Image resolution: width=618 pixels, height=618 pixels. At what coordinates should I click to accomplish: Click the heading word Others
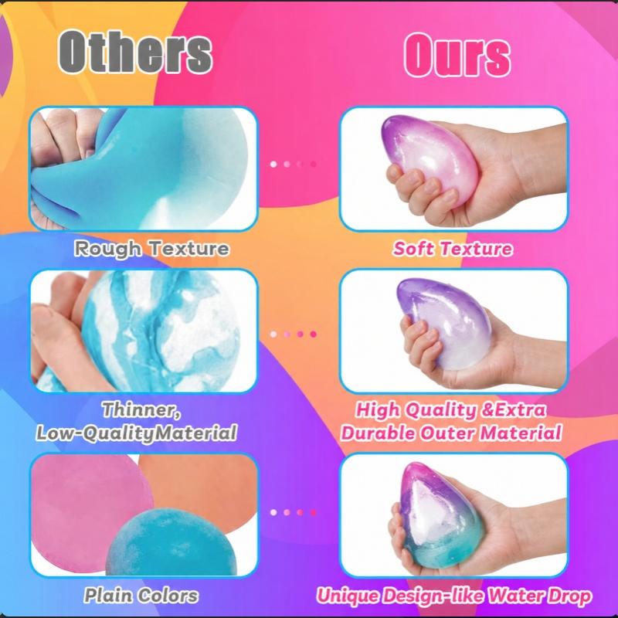point(136,52)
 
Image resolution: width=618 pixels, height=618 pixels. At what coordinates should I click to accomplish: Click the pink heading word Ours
point(457,54)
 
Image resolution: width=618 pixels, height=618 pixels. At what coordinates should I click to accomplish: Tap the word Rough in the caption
point(107,249)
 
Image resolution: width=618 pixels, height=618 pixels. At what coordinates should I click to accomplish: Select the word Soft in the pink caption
point(413,249)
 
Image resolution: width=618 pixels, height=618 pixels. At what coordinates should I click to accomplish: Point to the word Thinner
point(141,410)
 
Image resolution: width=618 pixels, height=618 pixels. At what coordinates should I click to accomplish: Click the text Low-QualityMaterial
point(137,433)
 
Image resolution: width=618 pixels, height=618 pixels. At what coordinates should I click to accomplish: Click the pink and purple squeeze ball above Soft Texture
point(430,160)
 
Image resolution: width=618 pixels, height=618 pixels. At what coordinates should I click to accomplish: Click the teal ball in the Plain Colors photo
point(170,542)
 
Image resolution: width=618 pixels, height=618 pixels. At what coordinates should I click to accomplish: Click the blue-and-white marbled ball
point(161,331)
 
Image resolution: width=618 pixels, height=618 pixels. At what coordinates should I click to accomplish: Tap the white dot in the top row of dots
point(273,164)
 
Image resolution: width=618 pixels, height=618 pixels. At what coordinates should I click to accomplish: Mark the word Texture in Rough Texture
point(190,249)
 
